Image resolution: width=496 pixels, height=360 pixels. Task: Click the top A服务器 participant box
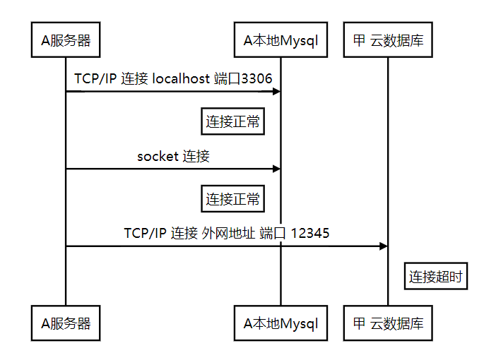click(x=66, y=40)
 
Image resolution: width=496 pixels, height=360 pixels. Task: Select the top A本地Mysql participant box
click(x=281, y=40)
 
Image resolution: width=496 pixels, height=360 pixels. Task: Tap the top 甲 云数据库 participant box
click(x=388, y=40)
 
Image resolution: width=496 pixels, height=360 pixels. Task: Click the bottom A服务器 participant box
click(x=66, y=324)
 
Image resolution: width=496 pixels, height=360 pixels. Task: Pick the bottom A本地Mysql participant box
click(x=281, y=324)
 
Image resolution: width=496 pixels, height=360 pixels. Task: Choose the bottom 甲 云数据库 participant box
click(x=388, y=324)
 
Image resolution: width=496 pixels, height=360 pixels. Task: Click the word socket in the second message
click(x=158, y=156)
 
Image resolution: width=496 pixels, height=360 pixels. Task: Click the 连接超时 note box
click(x=436, y=277)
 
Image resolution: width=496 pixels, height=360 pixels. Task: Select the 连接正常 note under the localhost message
click(x=233, y=122)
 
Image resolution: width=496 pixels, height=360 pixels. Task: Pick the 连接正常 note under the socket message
click(x=233, y=199)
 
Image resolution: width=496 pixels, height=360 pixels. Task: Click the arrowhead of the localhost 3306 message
click(x=277, y=91)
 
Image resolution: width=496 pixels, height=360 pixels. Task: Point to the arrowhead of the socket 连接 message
click(x=277, y=169)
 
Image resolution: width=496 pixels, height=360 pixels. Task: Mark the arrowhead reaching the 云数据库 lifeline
click(x=384, y=246)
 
